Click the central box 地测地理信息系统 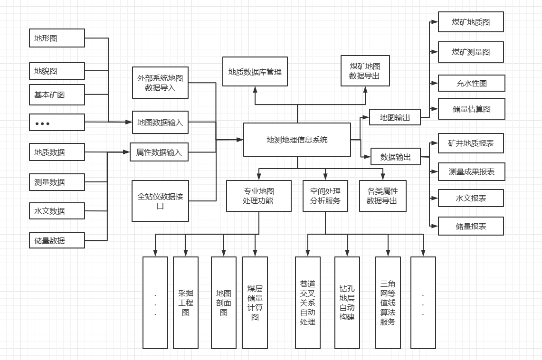tap(297, 140)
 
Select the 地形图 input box tap(57, 38)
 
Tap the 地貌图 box tap(57, 71)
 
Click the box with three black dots tap(57, 123)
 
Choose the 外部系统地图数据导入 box tap(160, 83)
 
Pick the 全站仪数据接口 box tap(160, 200)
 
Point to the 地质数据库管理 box tap(255, 72)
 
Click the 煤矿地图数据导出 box tap(365, 71)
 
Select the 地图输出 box tap(395, 117)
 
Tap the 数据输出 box tap(395, 157)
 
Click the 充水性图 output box tap(471, 83)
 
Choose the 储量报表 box tap(471, 226)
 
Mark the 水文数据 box tap(57, 211)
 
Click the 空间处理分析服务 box tap(325, 196)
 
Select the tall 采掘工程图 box tap(186, 303)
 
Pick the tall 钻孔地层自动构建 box tap(347, 303)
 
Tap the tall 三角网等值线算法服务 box tap(388, 303)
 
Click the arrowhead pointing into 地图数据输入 tap(129, 122)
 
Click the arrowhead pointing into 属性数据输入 tap(127, 152)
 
